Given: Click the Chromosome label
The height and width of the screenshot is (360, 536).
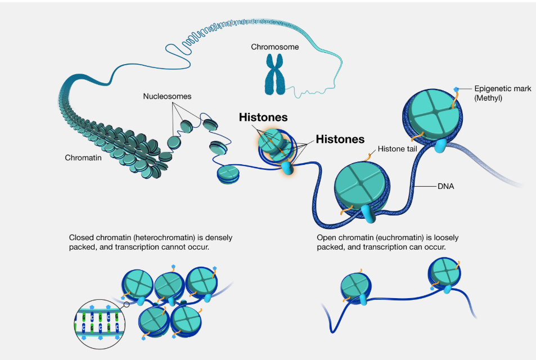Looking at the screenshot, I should click(x=274, y=47).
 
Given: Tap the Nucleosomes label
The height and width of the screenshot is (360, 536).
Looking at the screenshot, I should click(x=166, y=96).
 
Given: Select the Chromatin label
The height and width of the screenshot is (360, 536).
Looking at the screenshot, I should click(x=83, y=158).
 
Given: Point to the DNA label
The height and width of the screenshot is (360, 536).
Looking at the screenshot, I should click(x=445, y=185).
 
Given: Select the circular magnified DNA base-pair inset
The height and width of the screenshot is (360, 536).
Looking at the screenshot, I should click(x=100, y=324).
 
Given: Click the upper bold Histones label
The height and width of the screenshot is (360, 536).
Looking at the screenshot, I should click(x=263, y=118).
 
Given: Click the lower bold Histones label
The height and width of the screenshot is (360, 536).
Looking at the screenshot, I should click(x=340, y=138).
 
